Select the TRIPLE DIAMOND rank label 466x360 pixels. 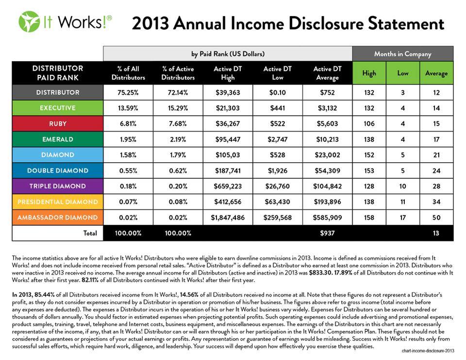[57, 186]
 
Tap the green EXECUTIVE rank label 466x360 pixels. [57, 108]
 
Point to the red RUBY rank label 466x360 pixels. [57, 123]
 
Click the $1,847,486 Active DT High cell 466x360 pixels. [228, 218]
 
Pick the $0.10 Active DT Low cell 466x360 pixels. [277, 92]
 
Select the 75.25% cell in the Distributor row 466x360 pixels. [128, 92]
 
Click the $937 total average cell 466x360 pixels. [327, 233]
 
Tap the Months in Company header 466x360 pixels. [402, 53]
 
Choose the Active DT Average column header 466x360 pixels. [327, 73]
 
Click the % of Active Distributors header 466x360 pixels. [178, 73]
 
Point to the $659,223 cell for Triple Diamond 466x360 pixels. [228, 186]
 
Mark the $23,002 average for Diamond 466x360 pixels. [327, 155]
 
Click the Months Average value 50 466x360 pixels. [436, 218]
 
